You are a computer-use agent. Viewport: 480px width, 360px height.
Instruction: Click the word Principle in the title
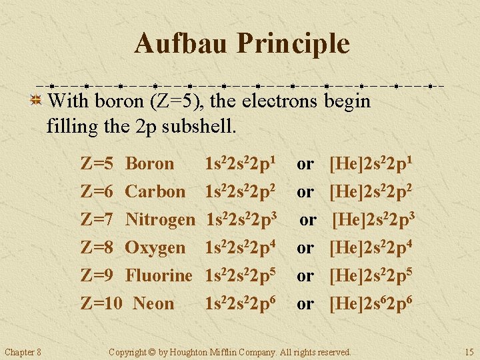293,44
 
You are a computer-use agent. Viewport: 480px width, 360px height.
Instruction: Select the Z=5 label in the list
97,163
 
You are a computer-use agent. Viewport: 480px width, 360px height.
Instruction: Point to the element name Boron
150,163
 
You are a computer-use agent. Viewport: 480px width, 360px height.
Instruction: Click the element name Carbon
155,191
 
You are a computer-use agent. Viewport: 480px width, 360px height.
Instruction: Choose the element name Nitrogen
160,219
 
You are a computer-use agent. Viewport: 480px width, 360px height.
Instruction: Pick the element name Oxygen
155,247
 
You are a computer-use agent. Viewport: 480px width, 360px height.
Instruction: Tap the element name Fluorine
159,275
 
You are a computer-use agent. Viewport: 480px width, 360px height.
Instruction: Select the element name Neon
153,303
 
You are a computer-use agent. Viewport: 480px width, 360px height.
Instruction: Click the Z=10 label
101,303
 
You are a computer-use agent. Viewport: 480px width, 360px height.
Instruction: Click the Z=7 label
97,219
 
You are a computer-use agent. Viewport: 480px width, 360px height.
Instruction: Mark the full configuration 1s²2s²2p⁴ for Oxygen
241,247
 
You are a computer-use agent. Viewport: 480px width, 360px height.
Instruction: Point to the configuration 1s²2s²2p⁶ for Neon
241,303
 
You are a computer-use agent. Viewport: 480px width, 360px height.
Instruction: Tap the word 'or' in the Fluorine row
305,275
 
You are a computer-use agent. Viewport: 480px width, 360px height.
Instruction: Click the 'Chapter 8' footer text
23,352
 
